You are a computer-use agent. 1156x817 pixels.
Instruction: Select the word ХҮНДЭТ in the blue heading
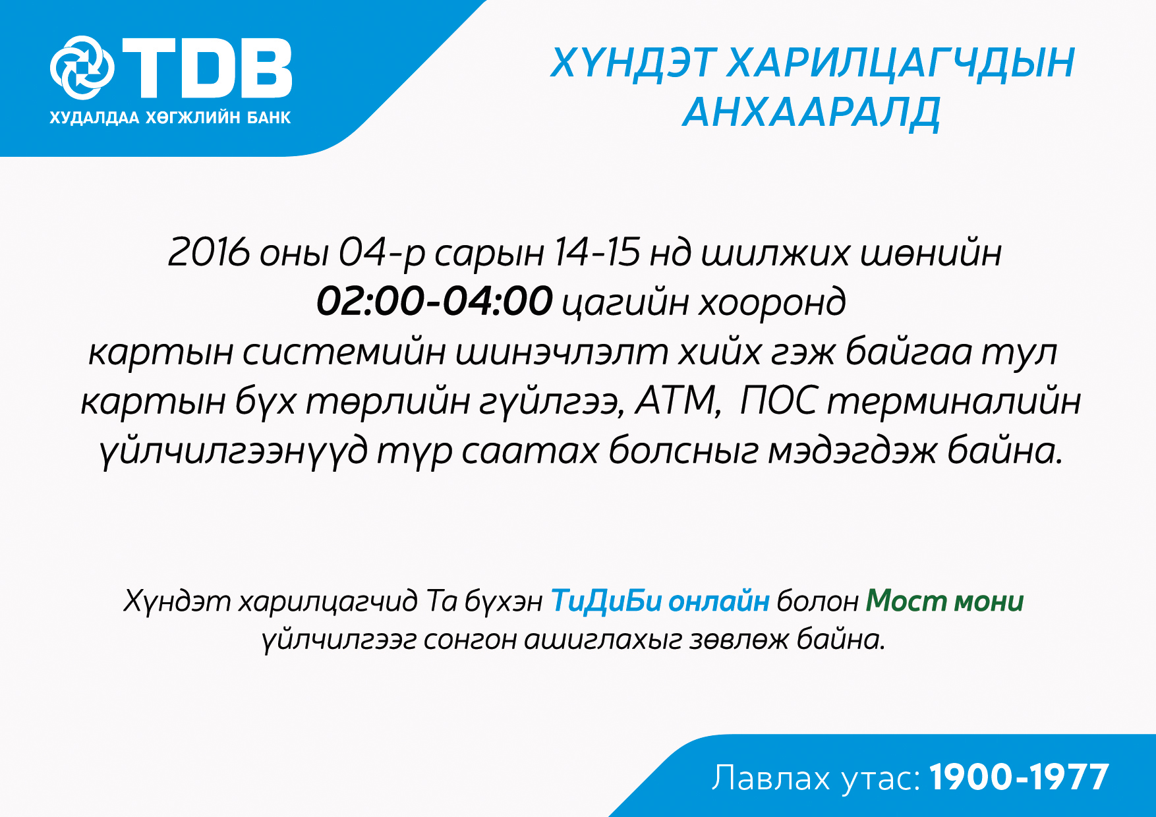(633, 63)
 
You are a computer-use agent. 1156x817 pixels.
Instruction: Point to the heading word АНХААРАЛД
(811, 113)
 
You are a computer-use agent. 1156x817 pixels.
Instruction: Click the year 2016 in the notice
(209, 252)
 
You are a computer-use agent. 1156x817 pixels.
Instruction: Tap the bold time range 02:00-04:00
(434, 301)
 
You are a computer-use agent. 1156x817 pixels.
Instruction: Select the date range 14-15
(596, 252)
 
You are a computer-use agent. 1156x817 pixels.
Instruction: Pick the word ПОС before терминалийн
(779, 400)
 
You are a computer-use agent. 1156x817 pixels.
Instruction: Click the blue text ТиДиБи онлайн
(660, 601)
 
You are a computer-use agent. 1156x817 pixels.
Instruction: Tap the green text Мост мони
(944, 601)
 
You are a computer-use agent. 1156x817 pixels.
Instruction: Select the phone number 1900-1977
(1020, 777)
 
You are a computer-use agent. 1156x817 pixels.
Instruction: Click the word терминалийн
(954, 401)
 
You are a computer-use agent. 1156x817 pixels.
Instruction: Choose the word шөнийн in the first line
(931, 252)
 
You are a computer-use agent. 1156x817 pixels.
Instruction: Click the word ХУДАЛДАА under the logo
(94, 119)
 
